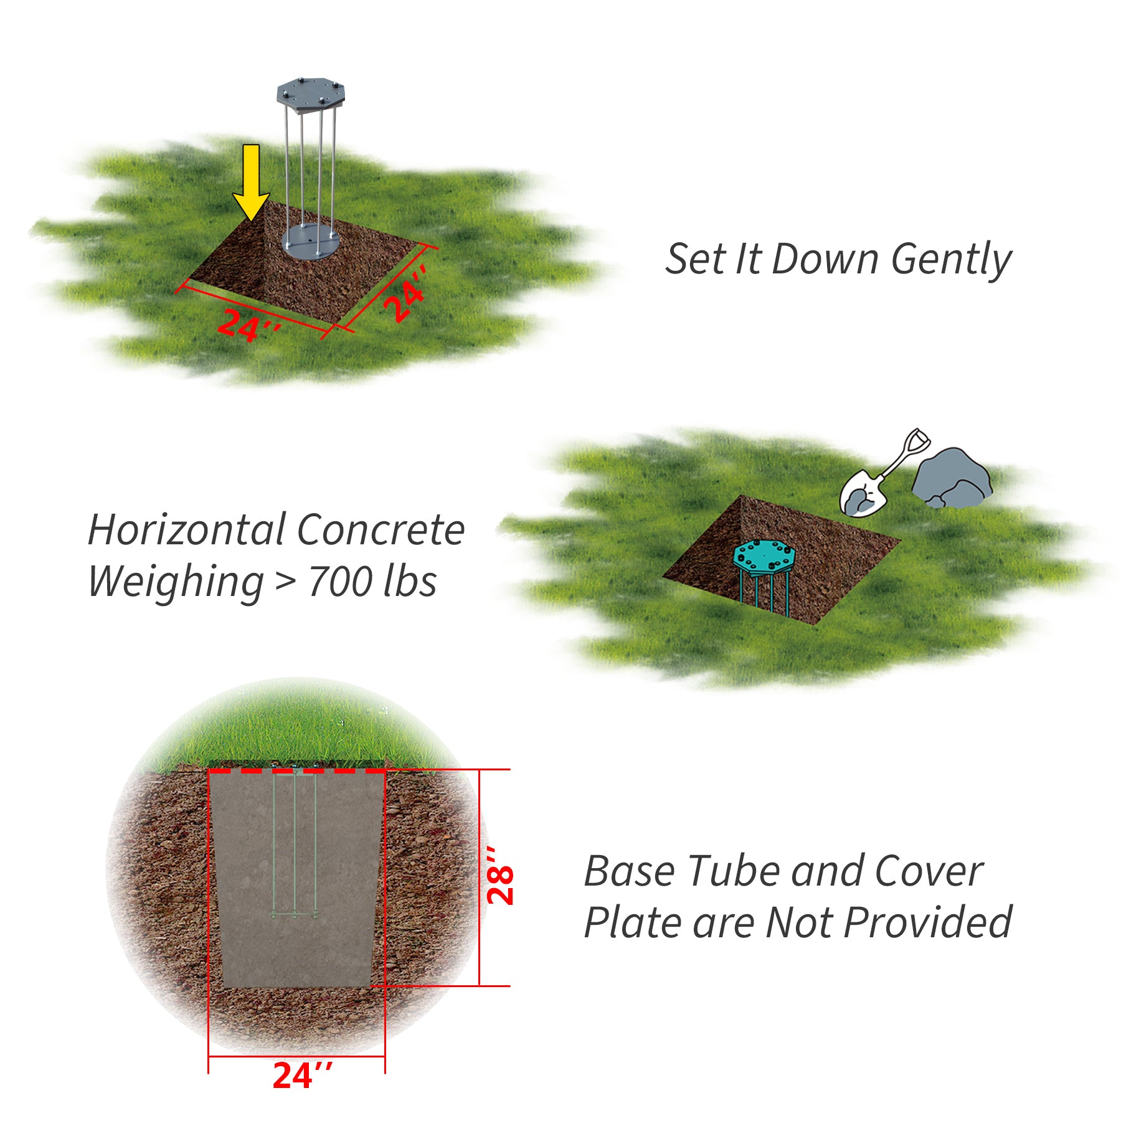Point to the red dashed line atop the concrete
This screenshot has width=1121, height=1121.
tap(296, 771)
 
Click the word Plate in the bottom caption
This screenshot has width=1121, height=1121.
tap(633, 923)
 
